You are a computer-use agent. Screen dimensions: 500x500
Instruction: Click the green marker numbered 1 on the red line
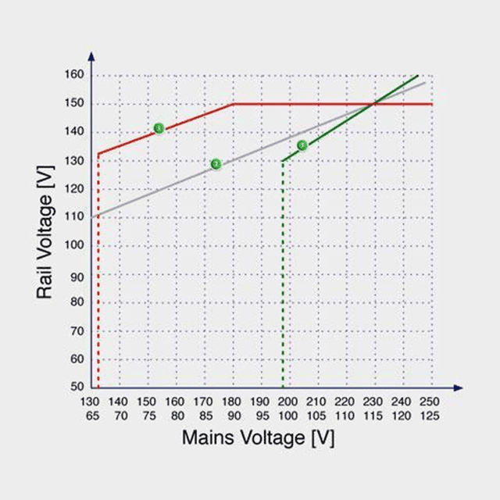(159, 128)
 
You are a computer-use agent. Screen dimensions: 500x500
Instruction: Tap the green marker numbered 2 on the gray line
(216, 164)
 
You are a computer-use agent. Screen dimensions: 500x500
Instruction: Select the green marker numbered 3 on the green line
(302, 145)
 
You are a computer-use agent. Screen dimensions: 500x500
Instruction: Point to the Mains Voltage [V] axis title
(258, 437)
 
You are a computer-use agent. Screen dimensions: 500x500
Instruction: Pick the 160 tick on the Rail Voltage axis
(74, 75)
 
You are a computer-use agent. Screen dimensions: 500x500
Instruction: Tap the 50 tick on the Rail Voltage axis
(76, 387)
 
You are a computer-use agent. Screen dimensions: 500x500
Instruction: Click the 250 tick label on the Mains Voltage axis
(430, 402)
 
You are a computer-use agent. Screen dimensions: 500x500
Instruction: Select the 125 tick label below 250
(430, 416)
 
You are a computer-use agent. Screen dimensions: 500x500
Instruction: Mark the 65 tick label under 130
(91, 416)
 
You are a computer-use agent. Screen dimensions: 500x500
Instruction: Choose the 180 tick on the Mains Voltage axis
(233, 402)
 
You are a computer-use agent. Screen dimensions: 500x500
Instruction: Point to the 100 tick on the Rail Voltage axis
(74, 245)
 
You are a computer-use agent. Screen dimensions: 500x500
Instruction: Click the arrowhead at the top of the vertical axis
(92, 55)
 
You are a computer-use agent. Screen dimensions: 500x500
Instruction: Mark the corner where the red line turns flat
(234, 104)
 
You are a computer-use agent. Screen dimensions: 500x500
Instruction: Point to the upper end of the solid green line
(419, 74)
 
